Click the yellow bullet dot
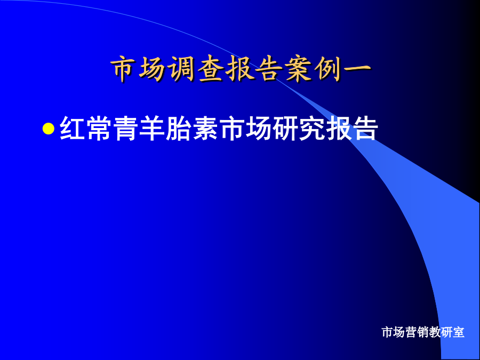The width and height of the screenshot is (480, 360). coord(49,129)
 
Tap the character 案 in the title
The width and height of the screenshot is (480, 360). coord(299,69)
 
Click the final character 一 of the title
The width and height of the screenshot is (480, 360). coord(357,69)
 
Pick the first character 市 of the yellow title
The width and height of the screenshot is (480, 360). coord(124,69)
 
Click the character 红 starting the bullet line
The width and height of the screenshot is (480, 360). coord(72,129)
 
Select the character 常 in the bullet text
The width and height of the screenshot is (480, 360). coord(99,129)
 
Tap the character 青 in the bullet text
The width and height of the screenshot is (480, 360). coord(125,129)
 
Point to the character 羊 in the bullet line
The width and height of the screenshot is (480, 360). coord(152,129)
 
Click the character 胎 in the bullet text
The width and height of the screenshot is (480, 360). coord(179,129)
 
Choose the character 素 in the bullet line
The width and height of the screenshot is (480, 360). coord(205,129)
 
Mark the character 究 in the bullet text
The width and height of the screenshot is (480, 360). coord(312,129)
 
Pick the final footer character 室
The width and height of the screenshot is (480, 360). coord(459,332)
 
